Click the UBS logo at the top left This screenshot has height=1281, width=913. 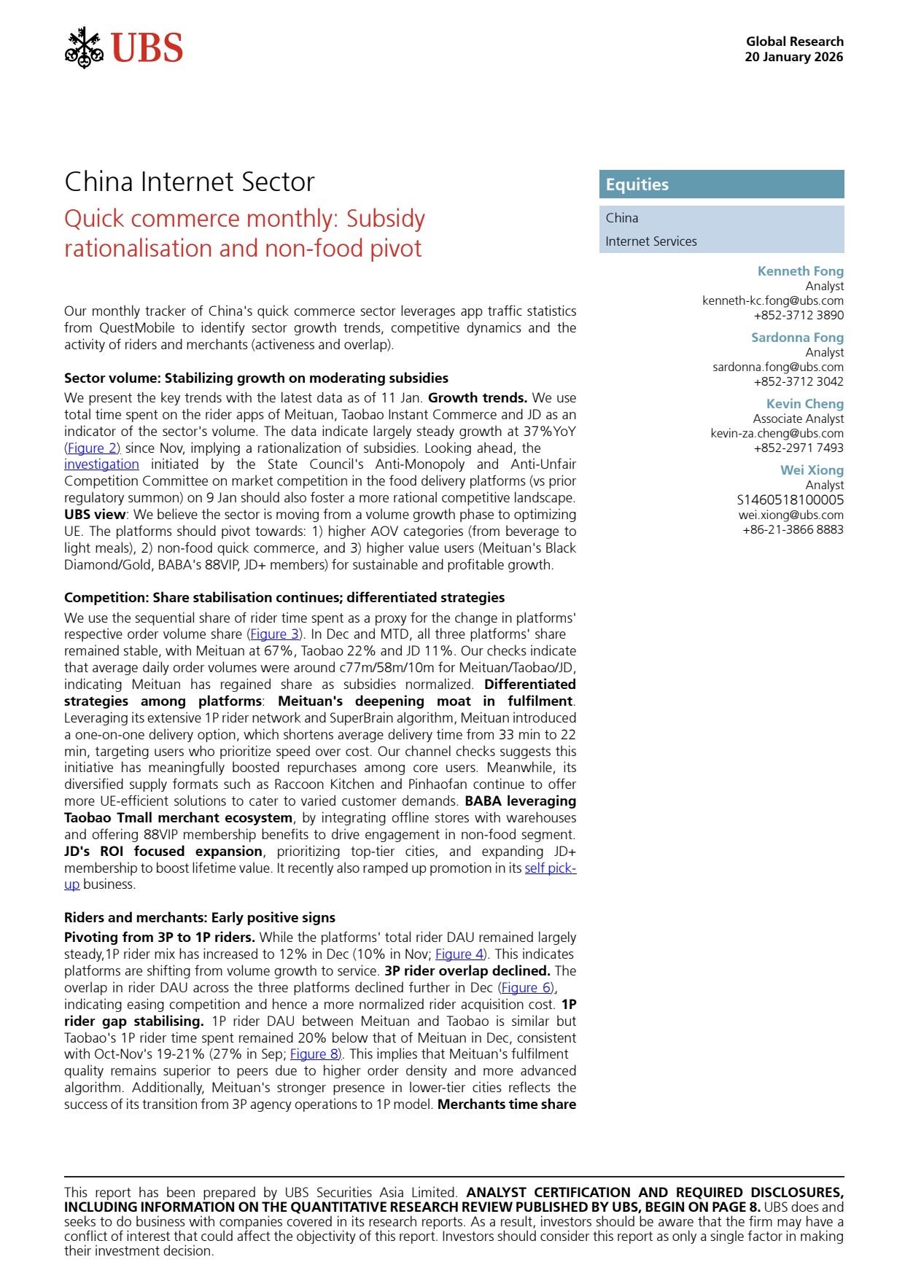[124, 48]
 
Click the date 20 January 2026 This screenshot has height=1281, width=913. [793, 57]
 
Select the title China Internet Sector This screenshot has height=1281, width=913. [189, 182]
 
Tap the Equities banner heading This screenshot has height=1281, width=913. [637, 184]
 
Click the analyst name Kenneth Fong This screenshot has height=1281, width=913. [800, 271]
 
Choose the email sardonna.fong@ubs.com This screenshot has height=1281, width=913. [777, 367]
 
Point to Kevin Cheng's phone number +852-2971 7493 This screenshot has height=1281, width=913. [799, 448]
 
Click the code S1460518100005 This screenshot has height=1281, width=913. [790, 499]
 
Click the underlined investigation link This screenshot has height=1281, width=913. [101, 464]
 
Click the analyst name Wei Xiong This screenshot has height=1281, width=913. [812, 470]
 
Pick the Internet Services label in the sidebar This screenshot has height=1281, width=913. [650, 241]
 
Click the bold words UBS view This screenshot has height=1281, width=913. [95, 515]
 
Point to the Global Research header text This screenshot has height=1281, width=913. [794, 42]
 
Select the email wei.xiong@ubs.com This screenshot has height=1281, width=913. [790, 515]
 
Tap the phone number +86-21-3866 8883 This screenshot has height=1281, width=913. [793, 529]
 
